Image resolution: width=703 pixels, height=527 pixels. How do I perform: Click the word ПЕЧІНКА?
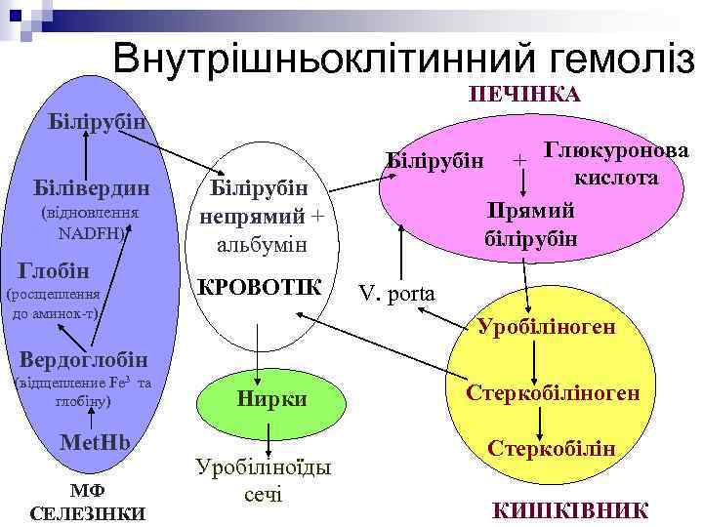(x=525, y=94)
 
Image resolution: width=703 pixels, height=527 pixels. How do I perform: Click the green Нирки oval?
(x=272, y=398)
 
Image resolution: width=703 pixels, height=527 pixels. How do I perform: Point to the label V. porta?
(x=397, y=293)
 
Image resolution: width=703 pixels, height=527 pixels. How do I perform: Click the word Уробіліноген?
(x=547, y=326)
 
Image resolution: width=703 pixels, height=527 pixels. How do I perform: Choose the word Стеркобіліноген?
(x=553, y=391)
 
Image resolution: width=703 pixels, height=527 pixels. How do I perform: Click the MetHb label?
(x=96, y=441)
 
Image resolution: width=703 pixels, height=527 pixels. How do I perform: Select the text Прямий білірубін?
(x=530, y=224)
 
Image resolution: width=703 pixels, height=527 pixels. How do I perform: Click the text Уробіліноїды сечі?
(x=263, y=479)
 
